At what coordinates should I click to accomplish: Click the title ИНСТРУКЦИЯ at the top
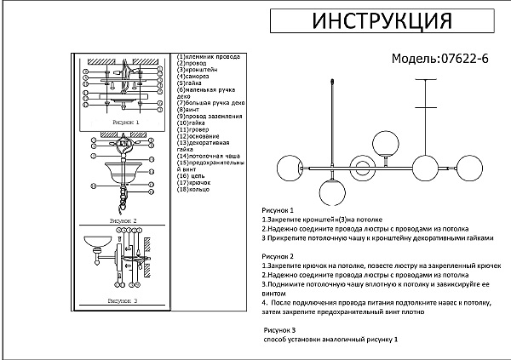pyautogui.click(x=380, y=21)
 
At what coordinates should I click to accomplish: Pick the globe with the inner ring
pyautogui.click(x=361, y=168)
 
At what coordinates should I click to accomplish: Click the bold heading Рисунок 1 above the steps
pyautogui.click(x=278, y=209)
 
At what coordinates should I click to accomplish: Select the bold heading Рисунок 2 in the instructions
pyautogui.click(x=278, y=256)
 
